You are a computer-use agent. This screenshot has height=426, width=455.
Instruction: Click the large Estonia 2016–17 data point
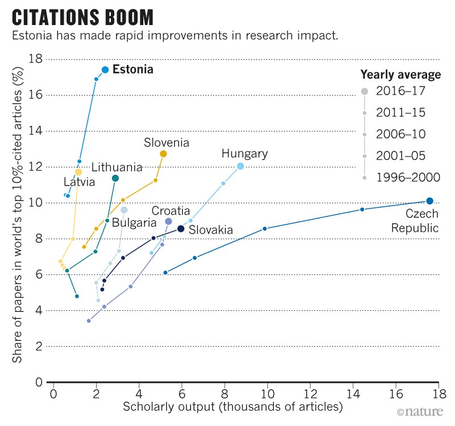point(105,69)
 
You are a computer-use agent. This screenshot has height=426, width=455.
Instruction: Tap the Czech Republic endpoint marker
point(429,200)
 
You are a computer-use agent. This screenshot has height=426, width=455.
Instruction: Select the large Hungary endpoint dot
point(240,166)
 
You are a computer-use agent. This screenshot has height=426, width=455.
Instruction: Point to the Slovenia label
point(166,142)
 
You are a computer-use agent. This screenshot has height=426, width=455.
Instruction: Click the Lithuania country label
point(117,167)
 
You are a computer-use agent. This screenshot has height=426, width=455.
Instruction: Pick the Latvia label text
point(79,182)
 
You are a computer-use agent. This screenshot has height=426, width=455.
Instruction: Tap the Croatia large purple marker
point(168,221)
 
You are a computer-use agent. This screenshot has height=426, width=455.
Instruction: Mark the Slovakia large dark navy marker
point(181,228)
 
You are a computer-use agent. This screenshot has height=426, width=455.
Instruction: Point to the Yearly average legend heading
point(400,75)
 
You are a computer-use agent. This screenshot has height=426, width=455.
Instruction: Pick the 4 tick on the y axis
point(38,310)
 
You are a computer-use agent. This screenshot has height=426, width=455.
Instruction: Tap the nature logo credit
point(419,411)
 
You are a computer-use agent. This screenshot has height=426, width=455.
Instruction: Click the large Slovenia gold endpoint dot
point(163,154)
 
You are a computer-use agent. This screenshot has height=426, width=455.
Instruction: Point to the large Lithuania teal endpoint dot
point(115,178)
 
